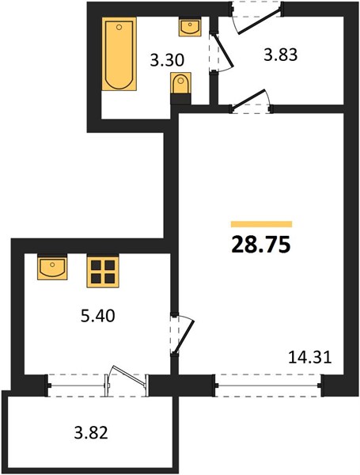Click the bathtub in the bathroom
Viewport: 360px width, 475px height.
tap(119, 54)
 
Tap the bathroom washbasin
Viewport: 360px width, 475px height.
tap(190, 27)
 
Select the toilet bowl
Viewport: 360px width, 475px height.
tap(180, 83)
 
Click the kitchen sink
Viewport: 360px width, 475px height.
tap(52, 268)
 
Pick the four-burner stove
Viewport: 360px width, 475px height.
tap(103, 271)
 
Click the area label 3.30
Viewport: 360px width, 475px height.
tap(167, 60)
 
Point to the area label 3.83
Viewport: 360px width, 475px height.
tap(281, 55)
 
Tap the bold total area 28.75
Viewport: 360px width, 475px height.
tap(261, 245)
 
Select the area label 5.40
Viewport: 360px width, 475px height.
tap(98, 316)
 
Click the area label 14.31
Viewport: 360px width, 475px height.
tap(310, 357)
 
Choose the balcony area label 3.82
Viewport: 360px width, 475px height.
tap(91, 432)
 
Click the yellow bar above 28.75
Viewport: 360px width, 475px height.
tap(261, 224)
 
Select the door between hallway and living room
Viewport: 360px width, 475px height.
tap(249, 98)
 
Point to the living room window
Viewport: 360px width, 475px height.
tap(268, 386)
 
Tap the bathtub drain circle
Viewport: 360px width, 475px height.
tap(119, 27)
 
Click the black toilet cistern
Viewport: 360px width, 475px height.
tap(180, 99)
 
